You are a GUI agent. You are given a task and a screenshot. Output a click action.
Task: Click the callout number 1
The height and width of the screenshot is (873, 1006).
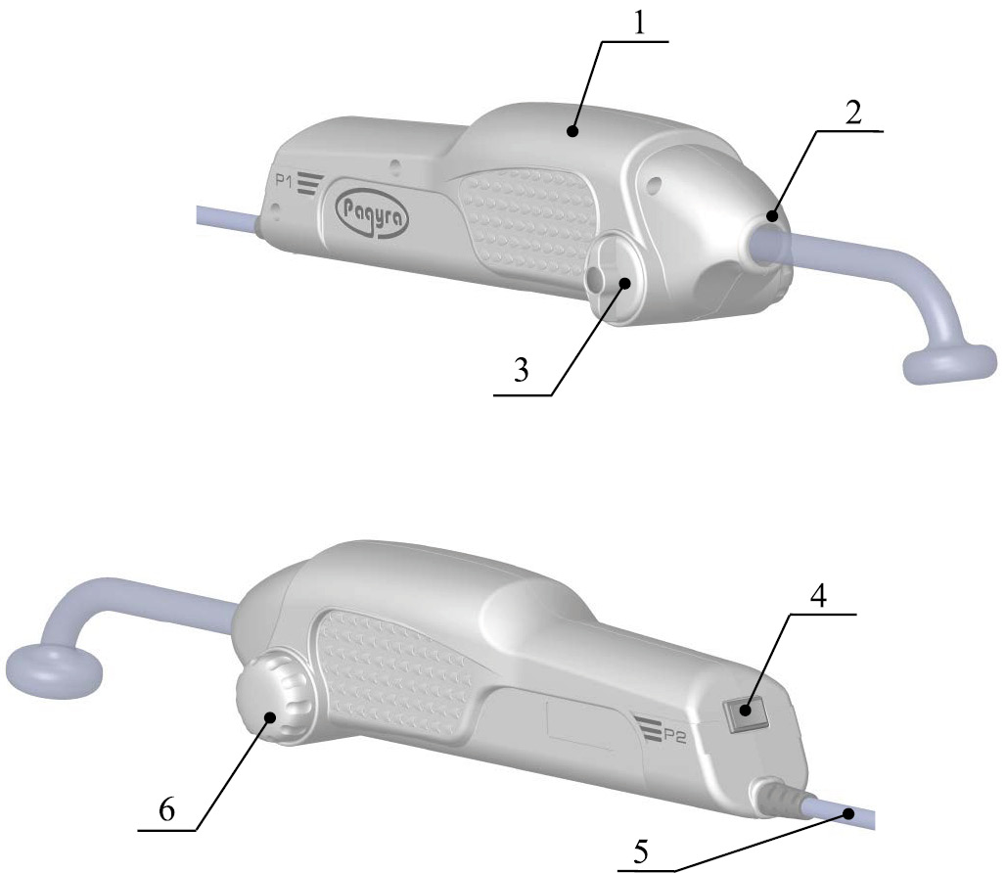coord(639,23)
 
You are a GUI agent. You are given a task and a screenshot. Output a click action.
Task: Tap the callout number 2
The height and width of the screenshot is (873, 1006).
coord(853,114)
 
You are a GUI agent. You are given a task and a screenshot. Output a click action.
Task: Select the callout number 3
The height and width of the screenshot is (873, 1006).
coord(521,370)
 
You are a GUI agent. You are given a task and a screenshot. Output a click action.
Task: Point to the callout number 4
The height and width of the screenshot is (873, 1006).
coord(818,596)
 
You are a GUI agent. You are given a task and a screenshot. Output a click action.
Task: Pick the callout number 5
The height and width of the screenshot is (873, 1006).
coord(641,851)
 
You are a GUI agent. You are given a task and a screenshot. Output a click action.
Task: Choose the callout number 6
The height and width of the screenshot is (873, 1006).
coord(166,810)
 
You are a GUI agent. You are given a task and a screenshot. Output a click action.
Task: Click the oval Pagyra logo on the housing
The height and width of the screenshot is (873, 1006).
coord(372,208)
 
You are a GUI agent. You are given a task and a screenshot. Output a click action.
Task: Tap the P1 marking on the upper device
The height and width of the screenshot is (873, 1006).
coord(285,181)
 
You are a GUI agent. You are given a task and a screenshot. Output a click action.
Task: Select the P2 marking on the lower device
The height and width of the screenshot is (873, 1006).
coord(674,737)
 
